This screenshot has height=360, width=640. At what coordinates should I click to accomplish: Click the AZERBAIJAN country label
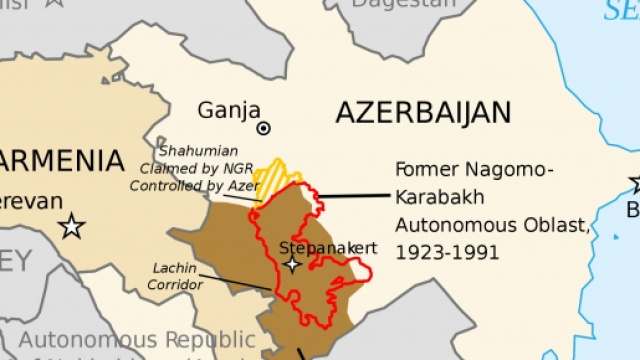tap(423, 112)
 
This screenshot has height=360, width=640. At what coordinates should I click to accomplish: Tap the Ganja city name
tap(229, 110)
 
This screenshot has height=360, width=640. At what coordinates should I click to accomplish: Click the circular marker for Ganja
tap(263, 128)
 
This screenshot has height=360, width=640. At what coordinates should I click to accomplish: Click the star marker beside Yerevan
tap(71, 225)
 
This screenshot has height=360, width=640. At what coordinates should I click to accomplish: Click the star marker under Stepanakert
tap(292, 264)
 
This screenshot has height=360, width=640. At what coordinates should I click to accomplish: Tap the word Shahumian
tap(197, 150)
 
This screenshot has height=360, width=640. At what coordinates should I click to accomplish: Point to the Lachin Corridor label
tap(177, 276)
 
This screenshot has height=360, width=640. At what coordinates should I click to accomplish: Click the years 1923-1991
tap(447, 252)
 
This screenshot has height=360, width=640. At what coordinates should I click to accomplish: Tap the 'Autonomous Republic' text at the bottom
tap(136, 340)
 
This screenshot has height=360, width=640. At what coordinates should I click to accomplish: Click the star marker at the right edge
tap(635, 183)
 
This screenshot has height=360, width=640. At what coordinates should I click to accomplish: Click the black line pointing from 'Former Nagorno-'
tap(350, 196)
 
